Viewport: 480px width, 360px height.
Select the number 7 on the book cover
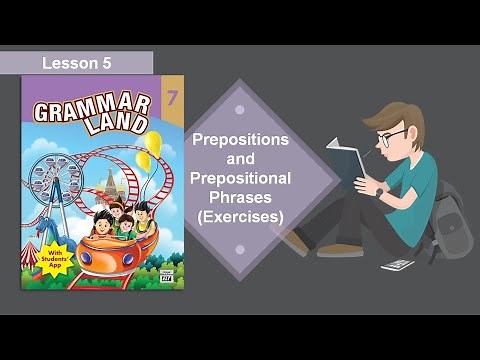click(173, 99)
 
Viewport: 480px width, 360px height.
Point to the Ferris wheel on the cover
click(50, 186)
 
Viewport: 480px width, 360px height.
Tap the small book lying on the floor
click(397, 265)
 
